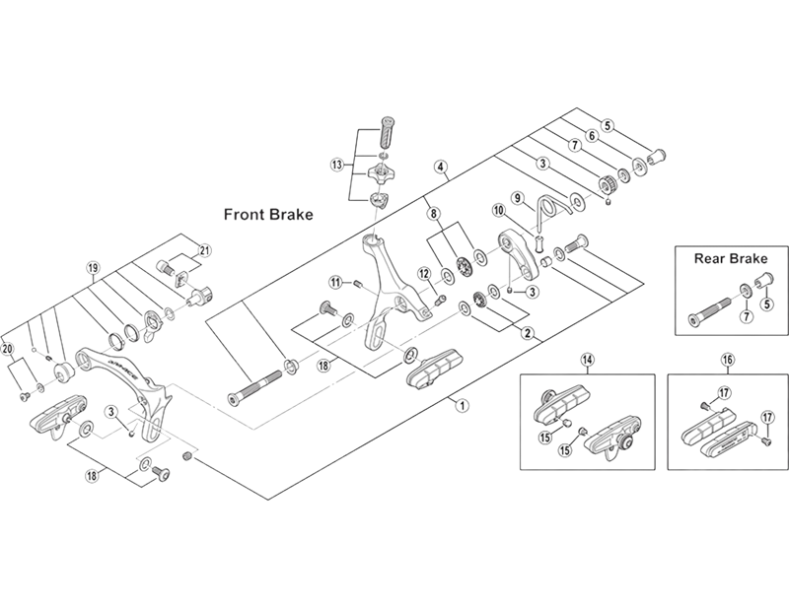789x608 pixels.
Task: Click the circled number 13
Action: click(x=337, y=165)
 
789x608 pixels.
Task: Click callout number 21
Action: click(x=206, y=248)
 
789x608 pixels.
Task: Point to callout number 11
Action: click(x=335, y=283)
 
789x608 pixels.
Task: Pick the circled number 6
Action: click(x=592, y=136)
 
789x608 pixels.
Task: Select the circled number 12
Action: click(x=423, y=273)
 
